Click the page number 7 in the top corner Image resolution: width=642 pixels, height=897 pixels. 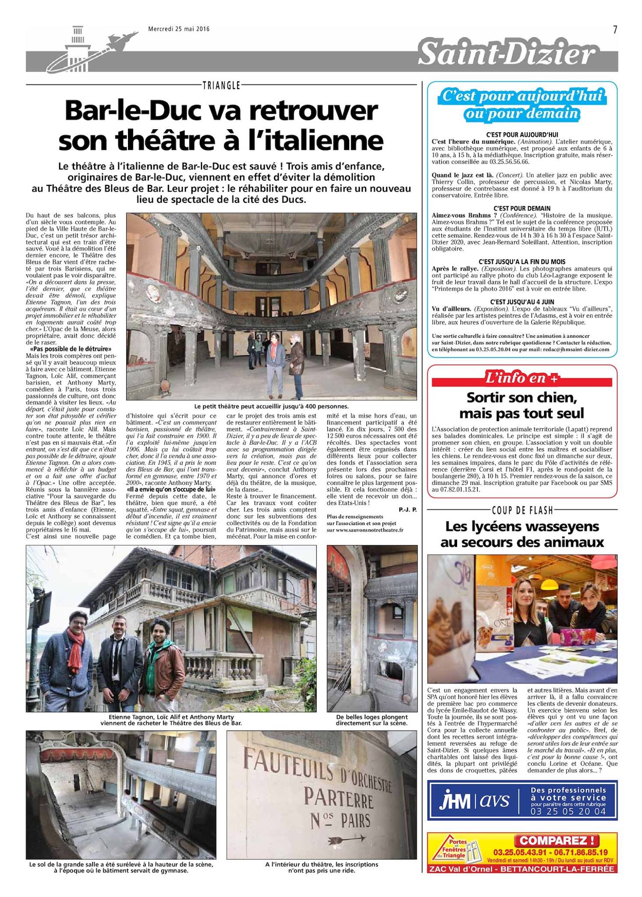click(x=615, y=29)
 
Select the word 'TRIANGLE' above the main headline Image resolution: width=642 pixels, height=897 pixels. click(x=221, y=85)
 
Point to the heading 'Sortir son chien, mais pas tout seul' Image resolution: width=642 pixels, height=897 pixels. click(x=521, y=405)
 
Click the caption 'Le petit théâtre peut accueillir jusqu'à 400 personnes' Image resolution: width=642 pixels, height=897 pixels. click(x=271, y=406)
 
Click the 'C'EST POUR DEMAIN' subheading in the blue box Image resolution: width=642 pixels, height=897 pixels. click(x=521, y=208)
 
